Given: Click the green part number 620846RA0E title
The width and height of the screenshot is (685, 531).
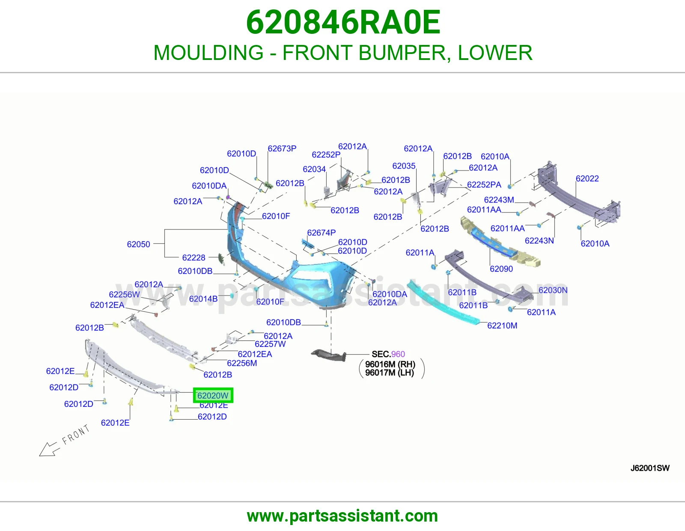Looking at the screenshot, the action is (x=343, y=22).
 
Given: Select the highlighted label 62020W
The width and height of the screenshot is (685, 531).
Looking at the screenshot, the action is (x=213, y=395).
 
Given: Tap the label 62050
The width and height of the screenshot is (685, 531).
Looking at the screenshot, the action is (x=138, y=244).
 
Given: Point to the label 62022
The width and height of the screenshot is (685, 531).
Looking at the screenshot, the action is (x=587, y=179).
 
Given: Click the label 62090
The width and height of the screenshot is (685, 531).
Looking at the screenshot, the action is (x=501, y=268).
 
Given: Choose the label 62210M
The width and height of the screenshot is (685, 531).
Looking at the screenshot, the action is (x=502, y=325).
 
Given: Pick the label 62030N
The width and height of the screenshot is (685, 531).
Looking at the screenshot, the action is (x=553, y=290).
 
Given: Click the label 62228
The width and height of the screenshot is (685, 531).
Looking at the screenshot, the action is (x=194, y=258).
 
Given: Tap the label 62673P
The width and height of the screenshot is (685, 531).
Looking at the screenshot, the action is (x=282, y=149).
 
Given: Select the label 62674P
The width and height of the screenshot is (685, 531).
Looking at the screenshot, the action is (x=321, y=233).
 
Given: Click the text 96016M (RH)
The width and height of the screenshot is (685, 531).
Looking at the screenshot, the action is (x=390, y=364).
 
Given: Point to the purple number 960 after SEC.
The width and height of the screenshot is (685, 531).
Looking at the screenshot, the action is (x=398, y=354).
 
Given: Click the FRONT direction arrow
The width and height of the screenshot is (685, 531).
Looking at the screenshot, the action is (x=48, y=450).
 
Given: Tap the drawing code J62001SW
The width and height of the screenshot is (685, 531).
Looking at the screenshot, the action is (x=650, y=468).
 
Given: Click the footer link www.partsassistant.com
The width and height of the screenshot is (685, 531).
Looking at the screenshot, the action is (x=342, y=516).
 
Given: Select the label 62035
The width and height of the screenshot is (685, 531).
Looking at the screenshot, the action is (x=404, y=166).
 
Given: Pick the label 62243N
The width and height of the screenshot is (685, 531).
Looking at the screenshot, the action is (x=539, y=241).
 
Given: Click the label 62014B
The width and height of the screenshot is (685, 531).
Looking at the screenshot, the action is (x=203, y=299).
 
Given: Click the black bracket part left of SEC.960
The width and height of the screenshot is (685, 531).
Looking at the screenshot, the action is (x=328, y=355).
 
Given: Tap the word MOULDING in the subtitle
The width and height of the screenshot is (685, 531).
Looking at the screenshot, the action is (x=208, y=52).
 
